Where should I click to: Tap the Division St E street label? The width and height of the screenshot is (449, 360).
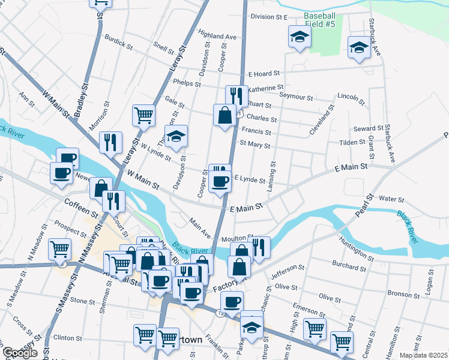(270, 17)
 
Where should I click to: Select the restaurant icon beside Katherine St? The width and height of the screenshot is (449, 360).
(237, 95)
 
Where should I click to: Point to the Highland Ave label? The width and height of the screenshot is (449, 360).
(217, 37)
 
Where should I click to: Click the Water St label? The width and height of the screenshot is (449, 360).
(391, 199)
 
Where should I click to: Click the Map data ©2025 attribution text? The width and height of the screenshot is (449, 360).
(423, 355)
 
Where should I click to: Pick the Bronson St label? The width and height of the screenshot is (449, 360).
(399, 294)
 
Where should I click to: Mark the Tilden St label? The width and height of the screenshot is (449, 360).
(352, 142)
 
